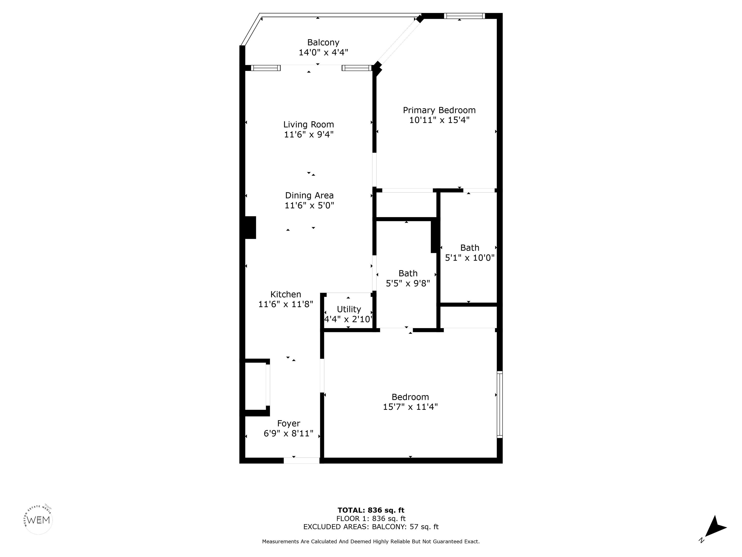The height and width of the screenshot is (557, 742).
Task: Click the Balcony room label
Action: (323, 43)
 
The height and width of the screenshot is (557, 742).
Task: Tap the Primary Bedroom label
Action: (439, 110)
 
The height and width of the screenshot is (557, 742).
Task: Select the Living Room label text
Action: (309, 125)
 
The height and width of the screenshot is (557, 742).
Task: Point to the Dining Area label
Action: (309, 195)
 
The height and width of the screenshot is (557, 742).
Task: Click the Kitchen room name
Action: (286, 294)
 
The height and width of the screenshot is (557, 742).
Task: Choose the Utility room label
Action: (349, 309)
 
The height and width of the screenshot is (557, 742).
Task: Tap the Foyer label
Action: (288, 423)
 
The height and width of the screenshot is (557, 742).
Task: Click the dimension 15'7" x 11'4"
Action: (410, 407)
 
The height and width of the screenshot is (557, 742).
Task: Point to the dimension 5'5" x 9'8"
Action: (408, 283)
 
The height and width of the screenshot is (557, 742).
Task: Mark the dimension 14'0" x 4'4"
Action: (323, 52)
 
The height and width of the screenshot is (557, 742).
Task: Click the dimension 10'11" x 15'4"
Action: (439, 120)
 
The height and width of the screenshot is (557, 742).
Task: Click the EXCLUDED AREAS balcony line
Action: (371, 527)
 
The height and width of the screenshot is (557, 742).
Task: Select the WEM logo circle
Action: (39, 520)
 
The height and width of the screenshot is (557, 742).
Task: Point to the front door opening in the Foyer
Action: (302, 461)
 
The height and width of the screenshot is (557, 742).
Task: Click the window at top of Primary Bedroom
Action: (464, 16)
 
